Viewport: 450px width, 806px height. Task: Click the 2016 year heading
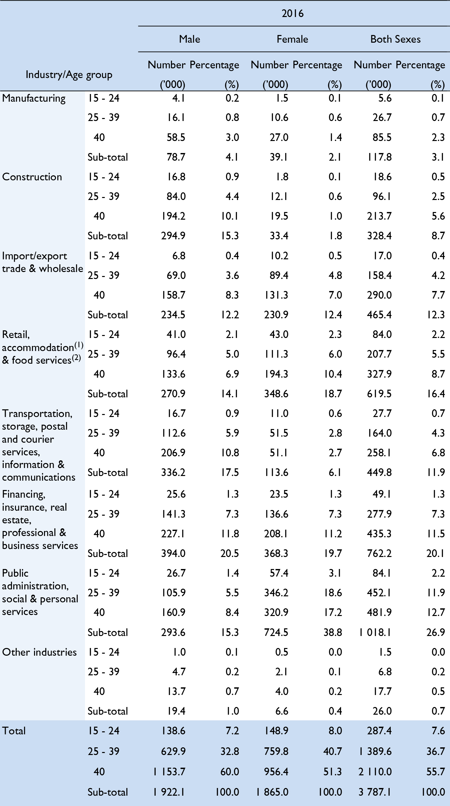click(x=292, y=14)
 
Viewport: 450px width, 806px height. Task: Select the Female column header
click(x=292, y=39)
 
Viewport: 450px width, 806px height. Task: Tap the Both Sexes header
click(x=395, y=39)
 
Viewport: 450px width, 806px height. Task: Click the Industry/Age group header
click(x=69, y=75)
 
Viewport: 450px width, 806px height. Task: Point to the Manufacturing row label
click(x=34, y=98)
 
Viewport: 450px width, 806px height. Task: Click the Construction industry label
click(x=32, y=177)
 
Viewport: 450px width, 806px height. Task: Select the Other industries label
click(x=39, y=652)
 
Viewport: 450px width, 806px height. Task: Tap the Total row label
click(x=14, y=731)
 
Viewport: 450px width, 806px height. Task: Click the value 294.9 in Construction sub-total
click(x=173, y=236)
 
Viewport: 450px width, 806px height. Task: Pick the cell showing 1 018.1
click(x=375, y=632)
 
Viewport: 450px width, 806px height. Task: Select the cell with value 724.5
click(x=276, y=632)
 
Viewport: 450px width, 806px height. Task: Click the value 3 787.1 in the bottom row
click(x=375, y=792)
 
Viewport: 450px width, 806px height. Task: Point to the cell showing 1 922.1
click(x=169, y=792)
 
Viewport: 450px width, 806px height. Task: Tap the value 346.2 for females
click(x=276, y=593)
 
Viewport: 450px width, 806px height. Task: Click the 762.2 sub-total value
click(x=379, y=553)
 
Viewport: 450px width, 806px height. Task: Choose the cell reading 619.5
click(x=379, y=394)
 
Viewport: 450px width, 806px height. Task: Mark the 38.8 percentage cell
click(x=332, y=632)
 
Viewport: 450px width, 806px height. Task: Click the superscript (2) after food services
click(x=76, y=358)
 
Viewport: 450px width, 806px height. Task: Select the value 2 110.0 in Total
click(x=375, y=772)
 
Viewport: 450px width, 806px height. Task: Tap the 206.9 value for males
click(x=173, y=453)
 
